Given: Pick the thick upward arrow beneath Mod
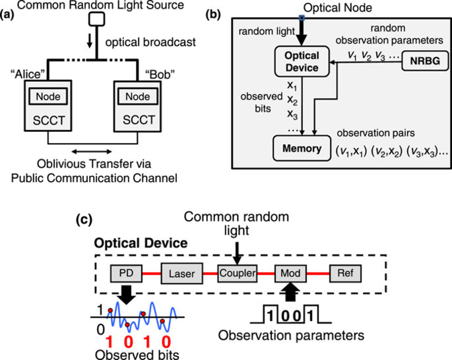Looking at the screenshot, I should (x=290, y=290).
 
